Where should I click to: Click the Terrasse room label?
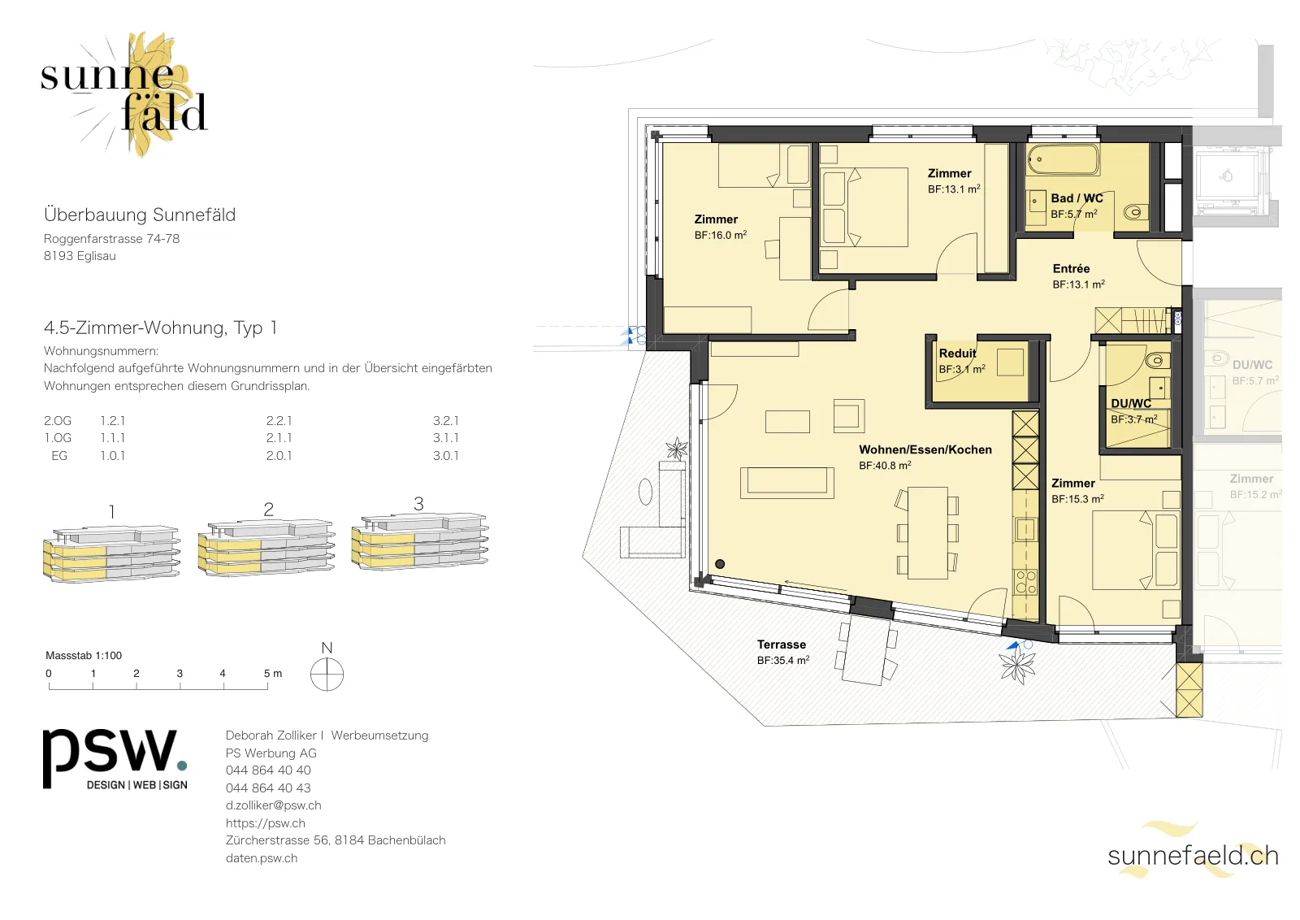781,644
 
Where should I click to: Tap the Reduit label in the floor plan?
958,353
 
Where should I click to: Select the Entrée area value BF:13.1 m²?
1078,284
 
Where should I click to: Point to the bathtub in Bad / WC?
1063,159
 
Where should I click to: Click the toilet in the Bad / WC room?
1134,212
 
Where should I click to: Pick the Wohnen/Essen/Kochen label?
925,449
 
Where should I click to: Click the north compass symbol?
327,674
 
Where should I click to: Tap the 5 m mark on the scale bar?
272,673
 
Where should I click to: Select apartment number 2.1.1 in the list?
279,438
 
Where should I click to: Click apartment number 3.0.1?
446,456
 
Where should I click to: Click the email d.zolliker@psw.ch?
273,805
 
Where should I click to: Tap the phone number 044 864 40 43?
268,788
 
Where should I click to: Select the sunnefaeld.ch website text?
1193,856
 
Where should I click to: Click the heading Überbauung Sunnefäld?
140,215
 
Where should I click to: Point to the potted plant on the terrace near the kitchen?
1016,666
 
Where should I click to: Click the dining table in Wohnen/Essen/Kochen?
927,533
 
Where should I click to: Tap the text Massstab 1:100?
84,655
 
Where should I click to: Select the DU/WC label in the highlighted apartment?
1131,403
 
